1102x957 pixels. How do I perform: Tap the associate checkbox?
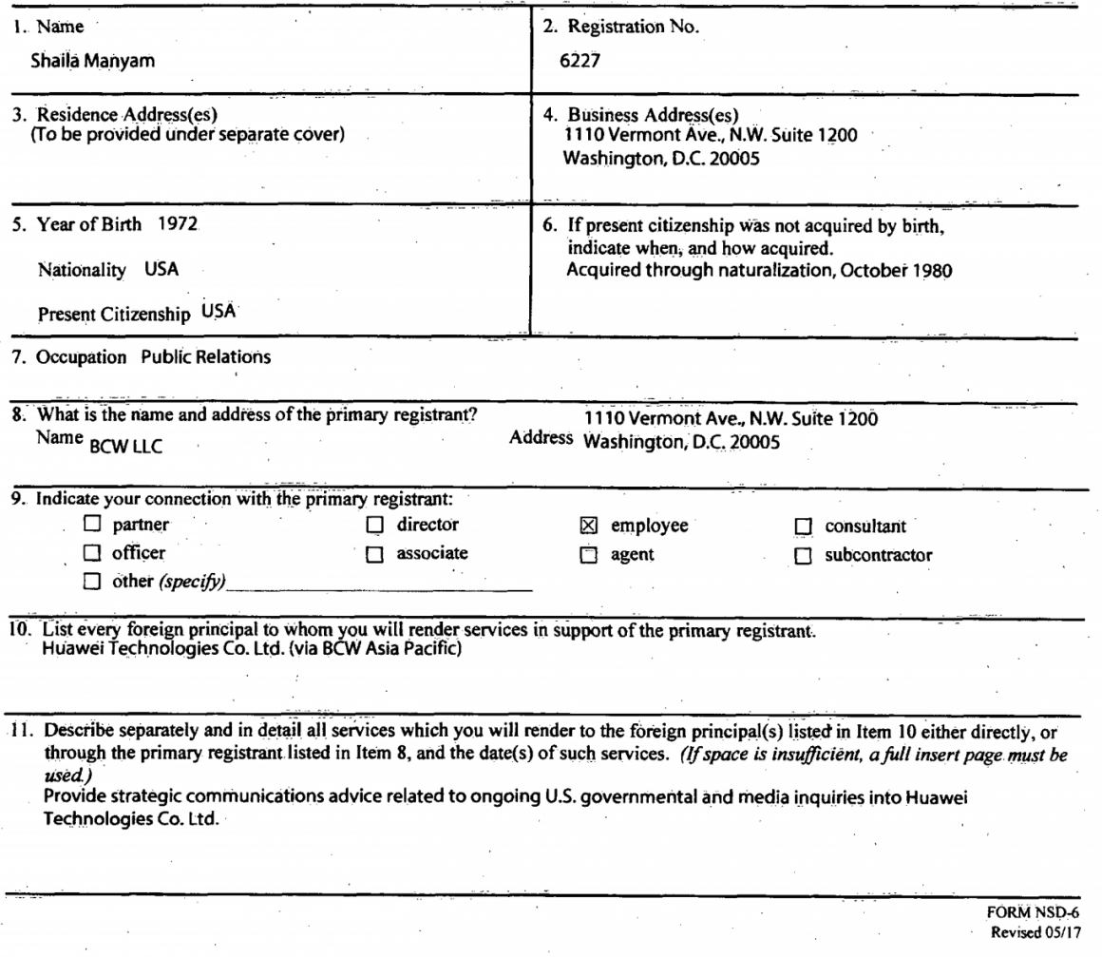[x=374, y=555]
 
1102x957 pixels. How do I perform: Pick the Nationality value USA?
[x=161, y=269]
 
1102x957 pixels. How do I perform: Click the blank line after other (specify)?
[x=380, y=584]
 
